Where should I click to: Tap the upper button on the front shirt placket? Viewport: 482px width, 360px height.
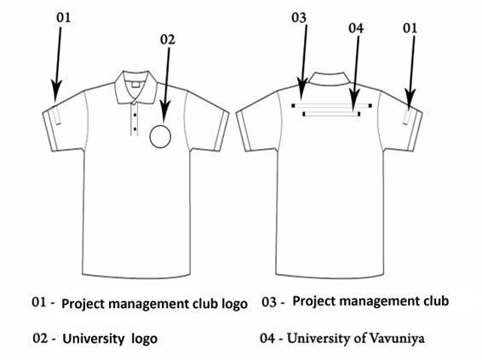135,115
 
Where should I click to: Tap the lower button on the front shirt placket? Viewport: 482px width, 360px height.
135,129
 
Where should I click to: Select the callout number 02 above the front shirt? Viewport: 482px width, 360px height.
168,40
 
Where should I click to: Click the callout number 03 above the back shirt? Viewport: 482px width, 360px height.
299,18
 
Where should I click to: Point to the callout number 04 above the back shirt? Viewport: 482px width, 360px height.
356,28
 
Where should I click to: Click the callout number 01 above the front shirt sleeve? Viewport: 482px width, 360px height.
64,18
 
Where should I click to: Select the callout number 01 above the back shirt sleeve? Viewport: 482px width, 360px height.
410,28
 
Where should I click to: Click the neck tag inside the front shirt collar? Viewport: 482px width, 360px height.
136,84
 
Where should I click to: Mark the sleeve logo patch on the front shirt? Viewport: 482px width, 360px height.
56,115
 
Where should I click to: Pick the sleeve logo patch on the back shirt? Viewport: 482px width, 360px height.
408,117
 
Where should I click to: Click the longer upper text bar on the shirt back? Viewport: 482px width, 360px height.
331,106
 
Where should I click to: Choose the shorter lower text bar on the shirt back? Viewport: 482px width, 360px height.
331,114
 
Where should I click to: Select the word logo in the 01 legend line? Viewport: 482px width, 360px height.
234,304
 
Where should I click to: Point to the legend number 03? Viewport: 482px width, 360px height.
269,302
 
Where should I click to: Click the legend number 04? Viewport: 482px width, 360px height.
267,338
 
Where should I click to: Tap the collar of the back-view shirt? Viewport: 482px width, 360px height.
330,77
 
